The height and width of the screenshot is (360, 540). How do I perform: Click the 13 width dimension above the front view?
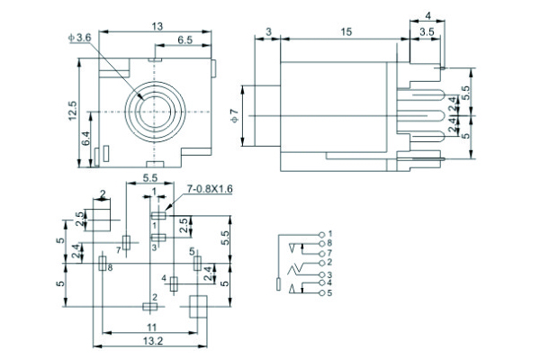click(157, 28)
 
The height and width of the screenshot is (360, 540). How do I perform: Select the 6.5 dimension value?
click(186, 40)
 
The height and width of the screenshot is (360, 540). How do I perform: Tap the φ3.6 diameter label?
click(80, 38)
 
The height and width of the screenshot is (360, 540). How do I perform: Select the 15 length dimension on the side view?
click(345, 33)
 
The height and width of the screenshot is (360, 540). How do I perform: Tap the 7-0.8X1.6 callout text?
click(210, 189)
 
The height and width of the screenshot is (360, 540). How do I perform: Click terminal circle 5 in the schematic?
click(321, 293)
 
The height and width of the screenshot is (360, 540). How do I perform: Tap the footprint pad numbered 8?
click(101, 264)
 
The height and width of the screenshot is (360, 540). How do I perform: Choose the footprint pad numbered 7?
click(127, 241)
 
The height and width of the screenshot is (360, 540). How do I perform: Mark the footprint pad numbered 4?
click(174, 282)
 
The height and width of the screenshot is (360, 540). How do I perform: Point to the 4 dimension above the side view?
click(427, 16)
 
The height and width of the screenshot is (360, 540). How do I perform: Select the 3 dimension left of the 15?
click(269, 33)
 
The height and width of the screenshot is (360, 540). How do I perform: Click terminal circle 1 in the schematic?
click(321, 234)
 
